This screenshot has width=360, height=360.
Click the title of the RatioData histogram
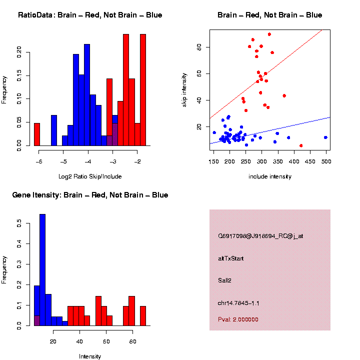[90, 15]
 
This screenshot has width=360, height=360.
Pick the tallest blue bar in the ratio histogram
[87, 95]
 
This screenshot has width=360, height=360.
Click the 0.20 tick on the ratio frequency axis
[19, 51]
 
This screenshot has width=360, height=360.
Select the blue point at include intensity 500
[325, 137]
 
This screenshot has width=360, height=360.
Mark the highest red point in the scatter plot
[269, 34]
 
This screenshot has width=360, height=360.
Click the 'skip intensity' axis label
[184, 89]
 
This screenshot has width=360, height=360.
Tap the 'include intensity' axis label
[270, 176]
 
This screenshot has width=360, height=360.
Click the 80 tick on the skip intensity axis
[199, 47]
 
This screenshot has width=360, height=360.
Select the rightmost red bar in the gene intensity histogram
[143, 315]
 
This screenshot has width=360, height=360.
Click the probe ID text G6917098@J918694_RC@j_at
[260, 236]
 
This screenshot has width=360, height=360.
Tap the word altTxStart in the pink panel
[231, 258]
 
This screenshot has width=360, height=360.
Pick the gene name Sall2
[224, 280]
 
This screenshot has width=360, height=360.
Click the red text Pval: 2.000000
[238, 319]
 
